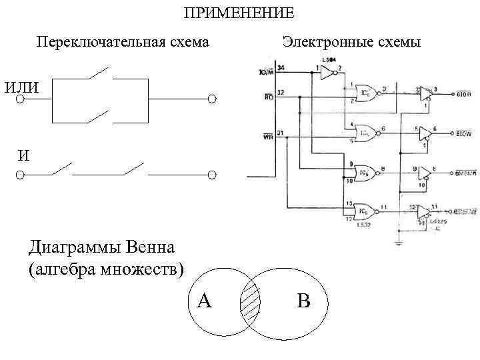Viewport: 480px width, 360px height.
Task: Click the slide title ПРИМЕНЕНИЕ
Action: click(238, 13)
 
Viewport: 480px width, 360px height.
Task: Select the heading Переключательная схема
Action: click(123, 42)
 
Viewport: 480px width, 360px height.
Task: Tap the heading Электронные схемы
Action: click(351, 42)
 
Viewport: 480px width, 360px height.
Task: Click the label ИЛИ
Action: click(21, 87)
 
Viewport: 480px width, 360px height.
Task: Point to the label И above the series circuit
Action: click(23, 155)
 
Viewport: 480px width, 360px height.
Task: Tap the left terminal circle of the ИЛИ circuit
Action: click(20, 99)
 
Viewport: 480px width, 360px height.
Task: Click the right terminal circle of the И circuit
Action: click(212, 175)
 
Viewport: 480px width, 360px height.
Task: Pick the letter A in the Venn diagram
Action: click(205, 301)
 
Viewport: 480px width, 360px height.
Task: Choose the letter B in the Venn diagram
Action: click(303, 301)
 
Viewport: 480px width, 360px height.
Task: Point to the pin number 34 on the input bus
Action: click(281, 68)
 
